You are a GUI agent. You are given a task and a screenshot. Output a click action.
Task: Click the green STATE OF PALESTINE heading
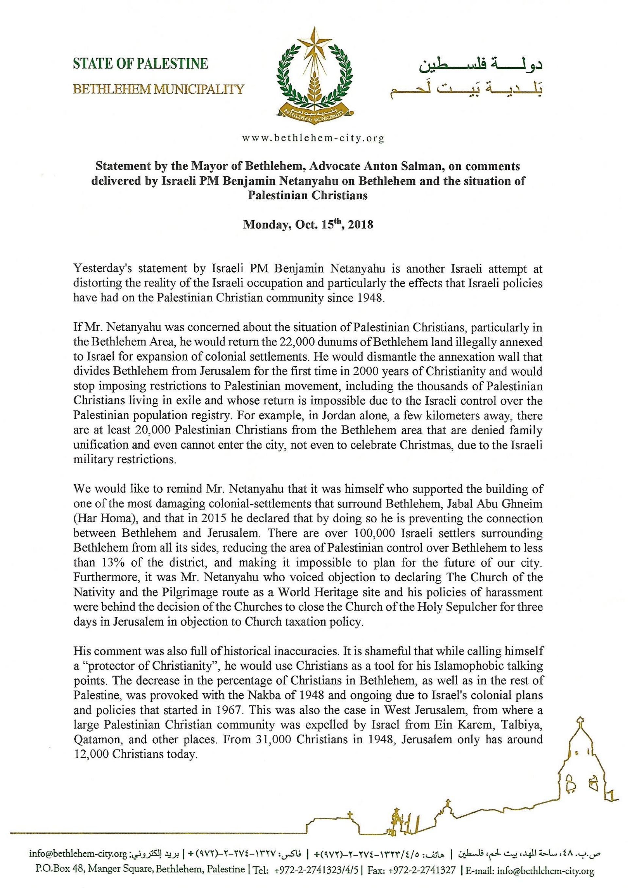(140, 63)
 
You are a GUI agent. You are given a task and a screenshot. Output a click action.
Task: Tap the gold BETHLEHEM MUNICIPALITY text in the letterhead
(159, 90)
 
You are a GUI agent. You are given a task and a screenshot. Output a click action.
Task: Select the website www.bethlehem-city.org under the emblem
(313, 138)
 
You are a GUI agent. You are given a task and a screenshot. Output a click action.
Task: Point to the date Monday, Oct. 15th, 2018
(308, 225)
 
